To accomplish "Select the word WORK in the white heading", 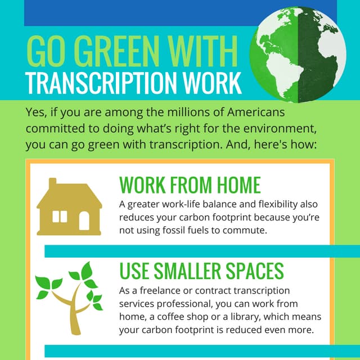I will tap(211, 83).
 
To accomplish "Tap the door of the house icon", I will tap(84, 220).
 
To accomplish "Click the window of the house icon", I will tap(60, 217).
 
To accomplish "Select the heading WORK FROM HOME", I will tap(190, 184).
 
